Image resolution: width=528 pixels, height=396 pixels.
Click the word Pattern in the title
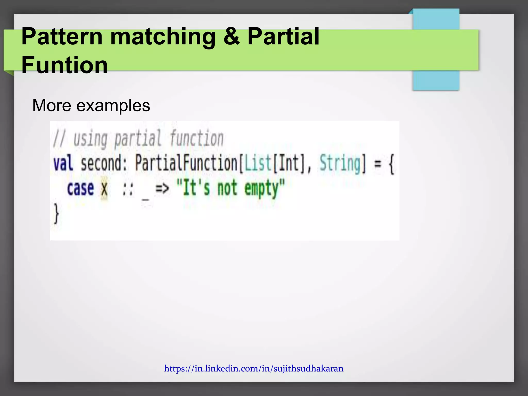coord(62,37)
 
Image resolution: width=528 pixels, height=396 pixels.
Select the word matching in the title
coord(163,37)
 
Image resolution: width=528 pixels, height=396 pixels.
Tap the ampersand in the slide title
coord(231,37)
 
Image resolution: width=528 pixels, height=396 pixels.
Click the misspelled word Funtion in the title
coord(64,65)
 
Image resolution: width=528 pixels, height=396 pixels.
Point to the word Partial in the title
coord(283,37)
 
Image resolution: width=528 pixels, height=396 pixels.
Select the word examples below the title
coord(113,105)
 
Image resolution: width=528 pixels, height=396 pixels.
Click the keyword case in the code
coord(80,188)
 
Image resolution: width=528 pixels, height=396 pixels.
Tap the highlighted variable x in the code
coord(104,188)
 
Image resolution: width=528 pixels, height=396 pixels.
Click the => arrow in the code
coord(162,188)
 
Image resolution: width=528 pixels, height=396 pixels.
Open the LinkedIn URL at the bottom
coord(254,368)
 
